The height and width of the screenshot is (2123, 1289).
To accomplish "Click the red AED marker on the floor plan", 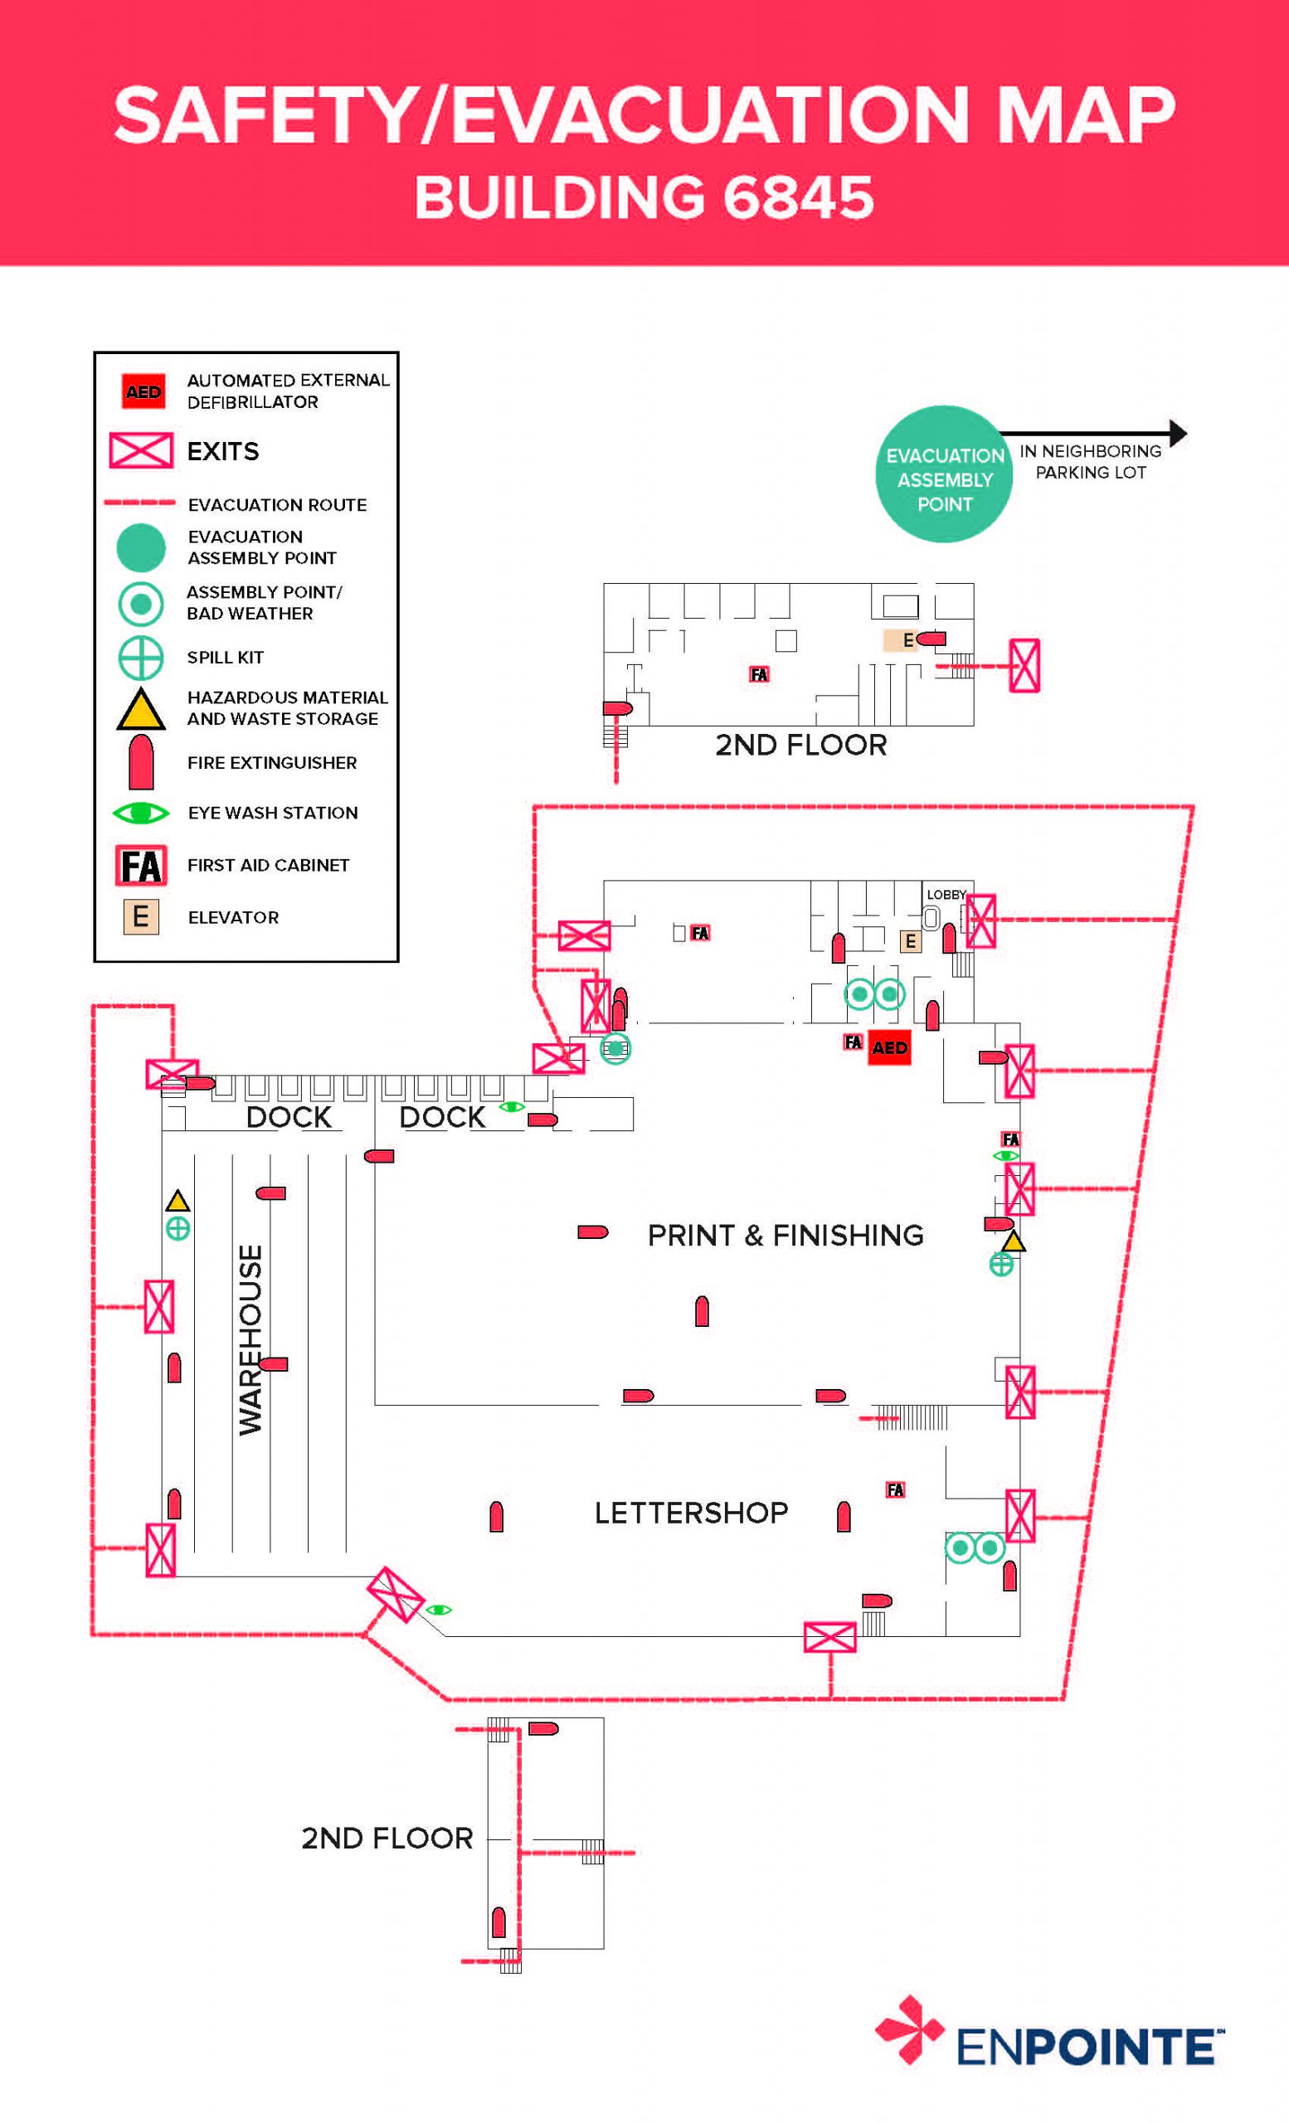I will click(889, 1047).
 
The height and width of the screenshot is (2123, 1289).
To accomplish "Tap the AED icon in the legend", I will click(143, 391).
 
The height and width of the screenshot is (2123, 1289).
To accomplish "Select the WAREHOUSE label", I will click(250, 1340).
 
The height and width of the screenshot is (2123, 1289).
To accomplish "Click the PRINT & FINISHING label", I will click(785, 1235).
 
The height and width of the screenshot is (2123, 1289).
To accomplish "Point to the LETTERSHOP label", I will click(691, 1512).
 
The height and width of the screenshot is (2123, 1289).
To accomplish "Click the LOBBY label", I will click(946, 894).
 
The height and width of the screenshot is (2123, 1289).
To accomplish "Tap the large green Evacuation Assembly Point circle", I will click(943, 474).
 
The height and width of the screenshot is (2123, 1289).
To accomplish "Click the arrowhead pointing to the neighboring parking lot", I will click(1178, 433).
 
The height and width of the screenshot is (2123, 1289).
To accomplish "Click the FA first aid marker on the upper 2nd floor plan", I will click(759, 675).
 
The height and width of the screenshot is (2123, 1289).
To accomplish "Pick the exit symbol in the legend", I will click(141, 449).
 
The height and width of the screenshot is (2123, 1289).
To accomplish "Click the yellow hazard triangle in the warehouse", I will click(178, 1200).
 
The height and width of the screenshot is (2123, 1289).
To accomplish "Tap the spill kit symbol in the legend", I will click(140, 658).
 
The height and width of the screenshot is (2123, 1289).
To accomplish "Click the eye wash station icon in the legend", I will click(140, 813).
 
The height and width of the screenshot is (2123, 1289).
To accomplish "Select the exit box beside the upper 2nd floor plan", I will click(1024, 665).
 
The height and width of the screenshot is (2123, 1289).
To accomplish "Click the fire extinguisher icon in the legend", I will click(140, 761).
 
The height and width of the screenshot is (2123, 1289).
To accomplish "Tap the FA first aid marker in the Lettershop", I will click(895, 1489).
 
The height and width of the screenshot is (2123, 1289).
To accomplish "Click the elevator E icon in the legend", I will click(140, 916).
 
